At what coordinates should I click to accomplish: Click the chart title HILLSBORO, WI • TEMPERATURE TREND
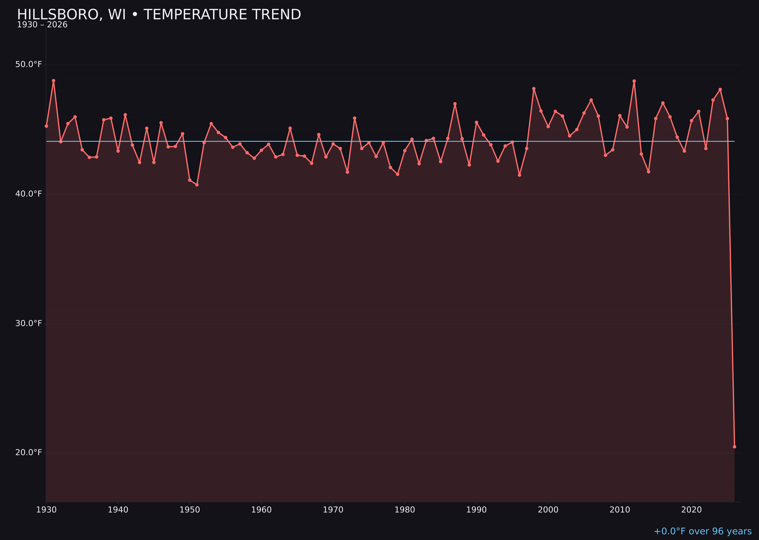point(159,15)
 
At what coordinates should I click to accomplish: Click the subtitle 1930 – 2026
point(42,25)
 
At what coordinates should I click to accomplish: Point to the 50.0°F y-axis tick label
point(29,64)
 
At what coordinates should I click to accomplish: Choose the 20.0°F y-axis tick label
point(29,452)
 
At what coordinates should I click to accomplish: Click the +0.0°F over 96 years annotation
point(702,531)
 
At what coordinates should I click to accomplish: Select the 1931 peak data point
point(54,81)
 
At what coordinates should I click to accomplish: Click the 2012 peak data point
point(634,81)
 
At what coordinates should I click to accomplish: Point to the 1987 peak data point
point(455,104)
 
